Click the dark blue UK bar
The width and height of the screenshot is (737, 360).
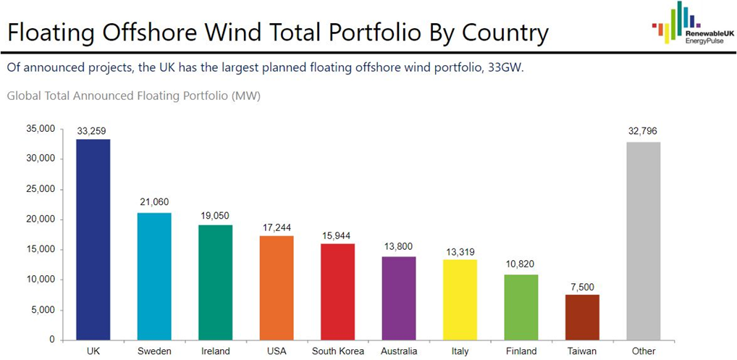coord(93,239)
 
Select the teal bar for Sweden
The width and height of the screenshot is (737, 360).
coord(154,276)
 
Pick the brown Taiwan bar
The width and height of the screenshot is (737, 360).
coord(582,317)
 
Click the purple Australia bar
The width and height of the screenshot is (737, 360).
coord(398,298)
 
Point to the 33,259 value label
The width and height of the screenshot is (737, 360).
coord(93,131)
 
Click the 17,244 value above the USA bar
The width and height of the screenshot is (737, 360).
coord(276,227)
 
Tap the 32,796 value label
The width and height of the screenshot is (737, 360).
coord(643,131)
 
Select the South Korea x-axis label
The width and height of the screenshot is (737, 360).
coord(337,351)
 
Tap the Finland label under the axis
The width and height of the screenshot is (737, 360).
coord(521,351)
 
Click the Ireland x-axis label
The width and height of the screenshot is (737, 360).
coord(215,351)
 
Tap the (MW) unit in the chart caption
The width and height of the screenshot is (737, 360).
coord(246,96)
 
